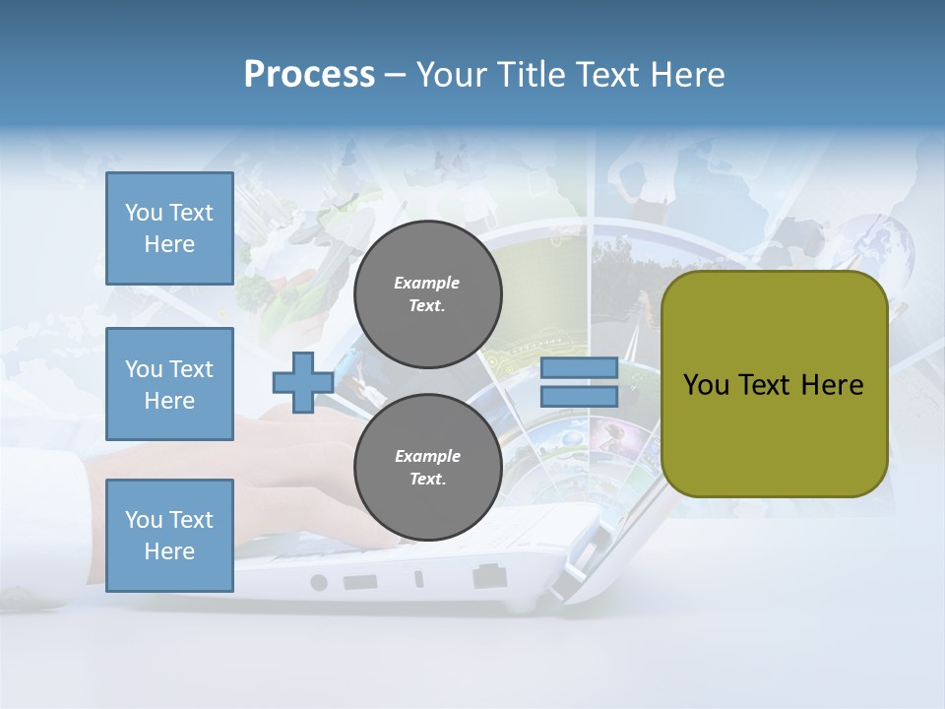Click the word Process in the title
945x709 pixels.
[x=309, y=75]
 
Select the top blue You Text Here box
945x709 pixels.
[x=169, y=228]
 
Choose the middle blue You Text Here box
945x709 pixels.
[x=169, y=384]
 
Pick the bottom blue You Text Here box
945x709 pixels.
[x=169, y=536]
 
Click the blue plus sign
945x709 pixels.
[x=302, y=383]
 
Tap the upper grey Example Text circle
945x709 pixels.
[x=427, y=294]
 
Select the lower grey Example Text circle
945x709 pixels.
[x=427, y=468]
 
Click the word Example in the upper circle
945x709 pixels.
[x=427, y=283]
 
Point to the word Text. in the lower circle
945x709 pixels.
[x=427, y=480]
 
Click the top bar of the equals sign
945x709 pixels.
[x=579, y=368]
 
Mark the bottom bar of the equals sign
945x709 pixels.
[x=579, y=397]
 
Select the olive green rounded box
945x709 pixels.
[x=774, y=384]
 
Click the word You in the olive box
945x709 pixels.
[x=706, y=385]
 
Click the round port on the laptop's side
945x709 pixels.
[x=318, y=582]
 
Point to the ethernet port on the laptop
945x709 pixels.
[x=489, y=576]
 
